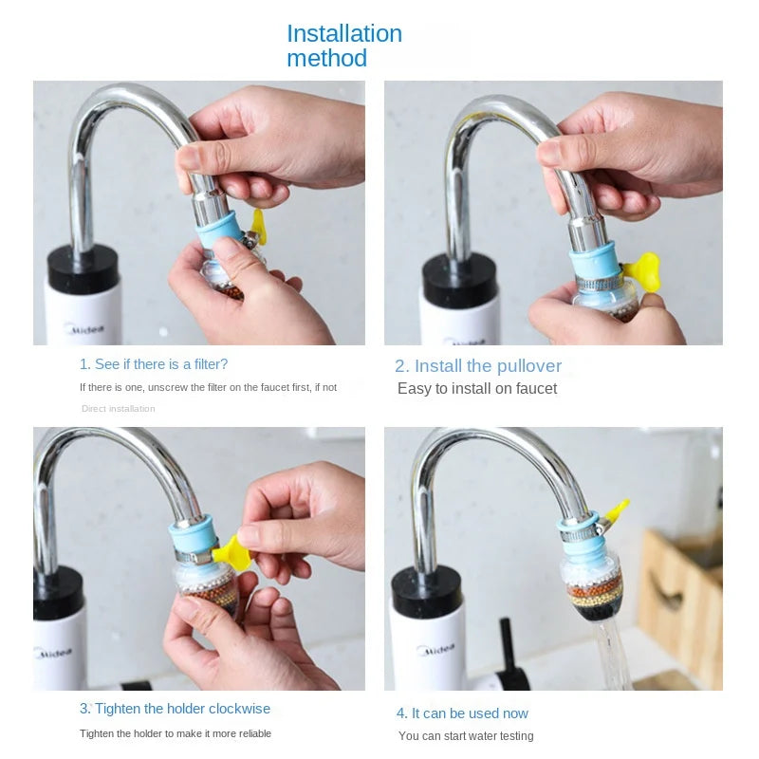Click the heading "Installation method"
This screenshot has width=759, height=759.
point(343,46)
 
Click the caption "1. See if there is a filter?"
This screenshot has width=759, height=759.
point(154,364)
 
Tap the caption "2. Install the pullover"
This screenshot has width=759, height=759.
point(478,366)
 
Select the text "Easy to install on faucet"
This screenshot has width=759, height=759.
point(477,389)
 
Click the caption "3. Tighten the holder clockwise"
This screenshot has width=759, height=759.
point(175,709)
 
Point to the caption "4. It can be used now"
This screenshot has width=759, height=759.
point(462,713)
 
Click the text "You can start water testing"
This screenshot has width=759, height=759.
point(466,736)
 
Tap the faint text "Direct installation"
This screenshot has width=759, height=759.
point(118,409)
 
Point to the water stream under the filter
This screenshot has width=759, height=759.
point(612,655)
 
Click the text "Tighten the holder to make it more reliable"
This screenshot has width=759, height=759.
point(176,733)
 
